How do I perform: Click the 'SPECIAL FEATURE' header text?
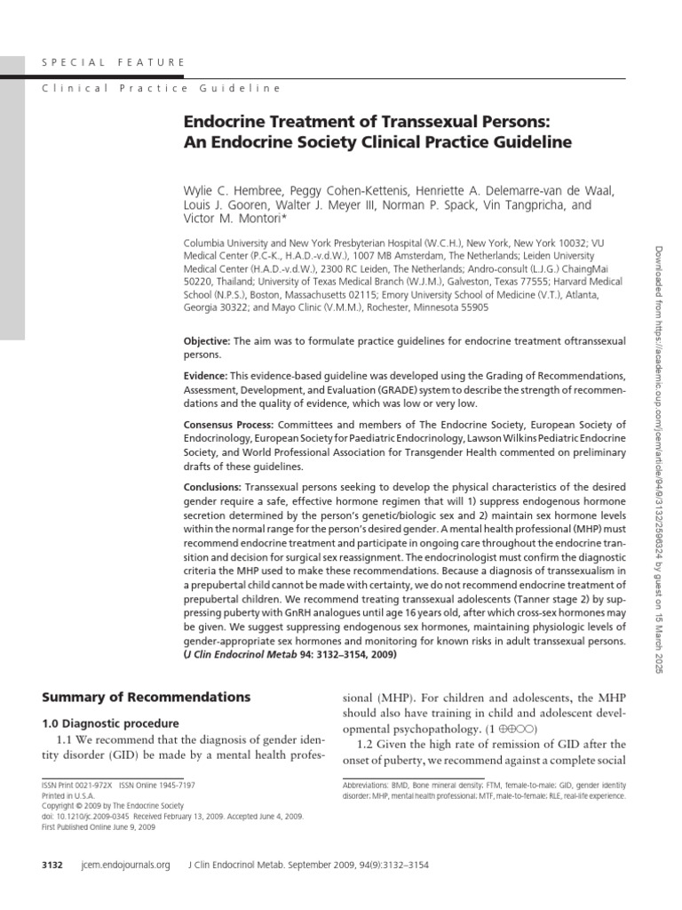[x=114, y=62]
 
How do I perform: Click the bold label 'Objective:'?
[x=206, y=341]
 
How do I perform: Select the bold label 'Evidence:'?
[x=205, y=377]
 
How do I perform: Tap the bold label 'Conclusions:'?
[x=212, y=487]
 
